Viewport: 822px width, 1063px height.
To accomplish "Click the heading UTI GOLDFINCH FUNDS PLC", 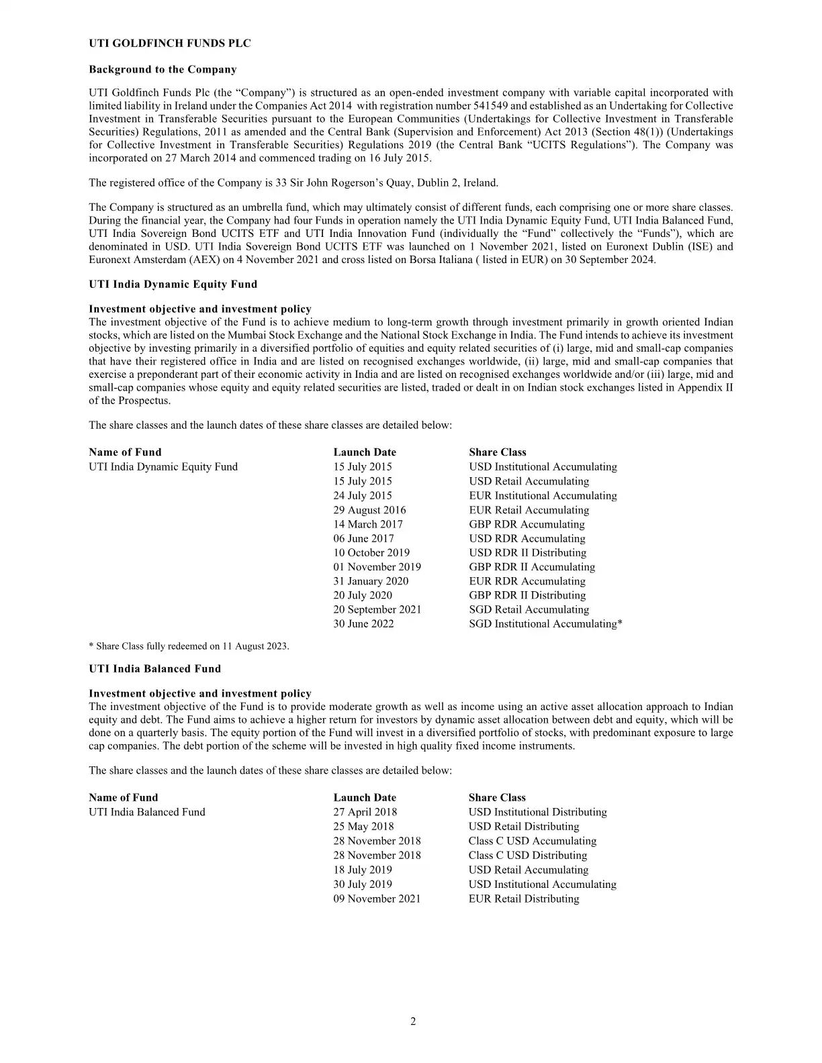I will click(x=170, y=44).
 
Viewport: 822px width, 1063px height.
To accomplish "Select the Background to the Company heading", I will click(x=163, y=70).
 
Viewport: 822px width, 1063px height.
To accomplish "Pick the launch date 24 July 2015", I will click(x=363, y=496).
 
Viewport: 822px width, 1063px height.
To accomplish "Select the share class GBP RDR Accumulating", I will click(x=527, y=524).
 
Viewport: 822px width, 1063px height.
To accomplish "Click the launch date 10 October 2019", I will click(x=371, y=553).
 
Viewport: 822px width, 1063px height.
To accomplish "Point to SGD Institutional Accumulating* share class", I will click(x=545, y=624).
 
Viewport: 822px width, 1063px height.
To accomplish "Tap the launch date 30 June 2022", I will click(x=363, y=624).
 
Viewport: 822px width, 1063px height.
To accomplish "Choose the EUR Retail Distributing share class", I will click(x=523, y=899).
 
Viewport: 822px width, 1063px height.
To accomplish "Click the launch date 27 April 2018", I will click(x=365, y=812).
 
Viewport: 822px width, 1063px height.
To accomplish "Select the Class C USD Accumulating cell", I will click(x=532, y=842).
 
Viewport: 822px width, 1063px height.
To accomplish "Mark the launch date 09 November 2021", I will click(x=377, y=899).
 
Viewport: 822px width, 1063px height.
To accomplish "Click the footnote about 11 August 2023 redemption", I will click(x=189, y=646).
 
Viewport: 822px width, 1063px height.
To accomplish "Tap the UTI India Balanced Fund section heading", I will click(x=154, y=669).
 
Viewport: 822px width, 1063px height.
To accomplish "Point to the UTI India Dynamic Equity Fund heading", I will click(x=173, y=285).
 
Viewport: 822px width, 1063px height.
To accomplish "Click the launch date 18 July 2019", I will click(x=363, y=870).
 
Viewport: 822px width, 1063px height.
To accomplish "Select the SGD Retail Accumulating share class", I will click(x=529, y=610).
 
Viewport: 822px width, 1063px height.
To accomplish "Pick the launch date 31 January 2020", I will click(x=371, y=581).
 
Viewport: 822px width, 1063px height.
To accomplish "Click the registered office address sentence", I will click(x=293, y=183).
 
